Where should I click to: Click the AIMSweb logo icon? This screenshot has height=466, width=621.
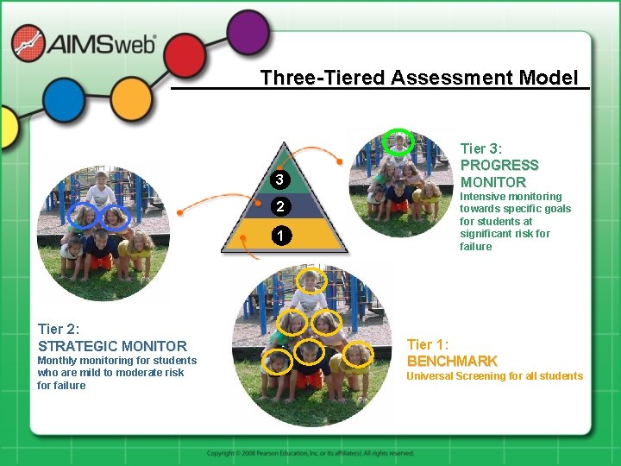[x=28, y=43]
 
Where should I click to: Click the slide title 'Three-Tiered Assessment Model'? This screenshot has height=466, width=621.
[x=419, y=78]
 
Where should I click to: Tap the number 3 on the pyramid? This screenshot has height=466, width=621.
[x=279, y=179]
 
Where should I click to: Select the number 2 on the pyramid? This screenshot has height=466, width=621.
[x=279, y=207]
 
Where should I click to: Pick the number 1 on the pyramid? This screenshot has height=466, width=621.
[x=279, y=236]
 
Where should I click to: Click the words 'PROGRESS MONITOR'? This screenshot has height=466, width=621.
[x=499, y=173]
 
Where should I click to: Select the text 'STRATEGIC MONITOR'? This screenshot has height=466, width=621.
[x=112, y=345]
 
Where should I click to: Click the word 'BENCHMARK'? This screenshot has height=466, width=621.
[x=452, y=361]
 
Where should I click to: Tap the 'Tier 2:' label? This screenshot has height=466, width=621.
[x=59, y=329]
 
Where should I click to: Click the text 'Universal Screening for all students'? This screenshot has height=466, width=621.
[x=494, y=376]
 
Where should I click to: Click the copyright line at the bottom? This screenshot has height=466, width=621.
[x=310, y=453]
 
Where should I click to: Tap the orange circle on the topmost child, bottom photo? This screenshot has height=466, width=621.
[x=309, y=280]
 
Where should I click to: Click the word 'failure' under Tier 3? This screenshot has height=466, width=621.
[x=476, y=247]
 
